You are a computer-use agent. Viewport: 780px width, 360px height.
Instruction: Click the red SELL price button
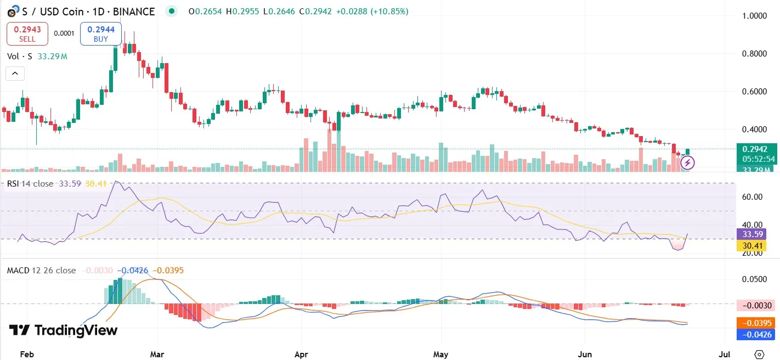pyautogui.click(x=27, y=33)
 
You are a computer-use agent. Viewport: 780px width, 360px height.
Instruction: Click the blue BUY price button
pyautogui.click(x=100, y=33)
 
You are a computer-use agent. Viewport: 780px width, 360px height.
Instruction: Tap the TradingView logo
pyautogui.click(x=64, y=330)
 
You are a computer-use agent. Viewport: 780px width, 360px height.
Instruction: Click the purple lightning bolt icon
pyautogui.click(x=688, y=162)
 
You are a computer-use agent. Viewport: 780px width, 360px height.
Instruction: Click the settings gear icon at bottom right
pyautogui.click(x=759, y=354)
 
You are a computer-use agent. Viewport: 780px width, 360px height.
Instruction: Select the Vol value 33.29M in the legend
pyautogui.click(x=53, y=56)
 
